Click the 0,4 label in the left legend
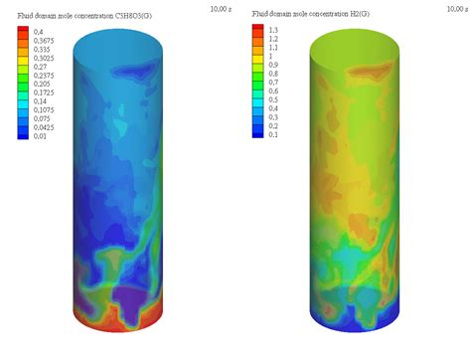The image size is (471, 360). (37, 31)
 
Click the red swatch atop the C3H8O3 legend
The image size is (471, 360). (23, 31)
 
